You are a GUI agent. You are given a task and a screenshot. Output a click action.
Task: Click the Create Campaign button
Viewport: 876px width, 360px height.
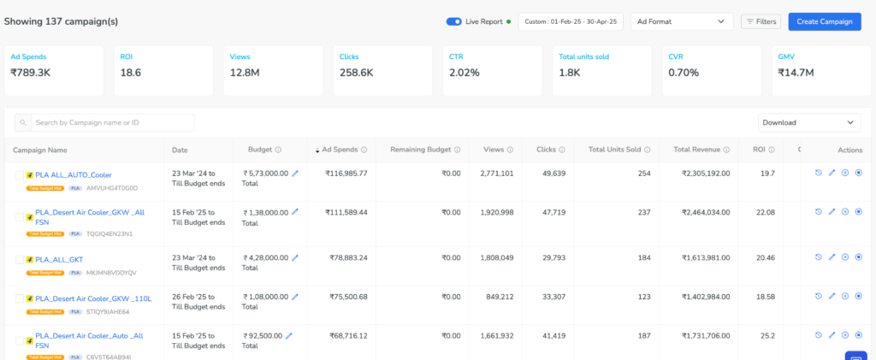pyautogui.click(x=824, y=21)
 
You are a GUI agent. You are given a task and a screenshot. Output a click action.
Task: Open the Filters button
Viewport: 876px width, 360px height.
pyautogui.click(x=761, y=21)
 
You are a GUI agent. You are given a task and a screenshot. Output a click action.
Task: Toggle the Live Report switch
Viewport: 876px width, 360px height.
pyautogui.click(x=453, y=21)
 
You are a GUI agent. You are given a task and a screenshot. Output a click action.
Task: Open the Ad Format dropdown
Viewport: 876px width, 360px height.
pyautogui.click(x=681, y=21)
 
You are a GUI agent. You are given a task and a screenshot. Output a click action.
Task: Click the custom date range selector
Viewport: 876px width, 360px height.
pyautogui.click(x=571, y=21)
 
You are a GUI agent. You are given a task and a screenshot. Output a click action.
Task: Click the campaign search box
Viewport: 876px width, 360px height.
pyautogui.click(x=104, y=123)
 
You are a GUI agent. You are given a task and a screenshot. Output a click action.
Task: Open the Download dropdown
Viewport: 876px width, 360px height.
pyautogui.click(x=809, y=123)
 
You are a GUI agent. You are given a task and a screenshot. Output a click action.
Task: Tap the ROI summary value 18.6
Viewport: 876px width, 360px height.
pyautogui.click(x=131, y=73)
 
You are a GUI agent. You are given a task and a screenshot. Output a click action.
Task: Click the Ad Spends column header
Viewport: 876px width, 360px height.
pyautogui.click(x=341, y=150)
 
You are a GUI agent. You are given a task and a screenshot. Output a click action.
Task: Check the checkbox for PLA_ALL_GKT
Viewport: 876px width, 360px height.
pyautogui.click(x=20, y=259)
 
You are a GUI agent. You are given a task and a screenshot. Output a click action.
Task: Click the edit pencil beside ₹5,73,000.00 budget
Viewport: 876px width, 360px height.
pyautogui.click(x=295, y=174)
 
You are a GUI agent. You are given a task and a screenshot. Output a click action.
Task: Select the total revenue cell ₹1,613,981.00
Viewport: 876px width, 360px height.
pyautogui.click(x=706, y=257)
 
